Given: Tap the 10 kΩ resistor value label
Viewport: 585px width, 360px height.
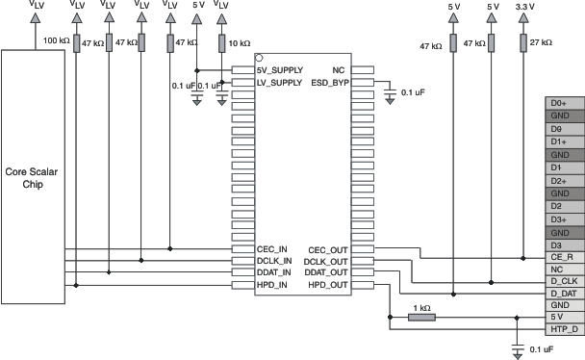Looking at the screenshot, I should (239, 43).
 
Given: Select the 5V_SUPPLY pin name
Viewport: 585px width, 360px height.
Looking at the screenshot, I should (280, 70).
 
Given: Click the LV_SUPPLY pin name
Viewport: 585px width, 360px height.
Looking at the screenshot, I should (280, 82).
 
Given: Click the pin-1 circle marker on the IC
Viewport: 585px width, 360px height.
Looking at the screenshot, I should (260, 60).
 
